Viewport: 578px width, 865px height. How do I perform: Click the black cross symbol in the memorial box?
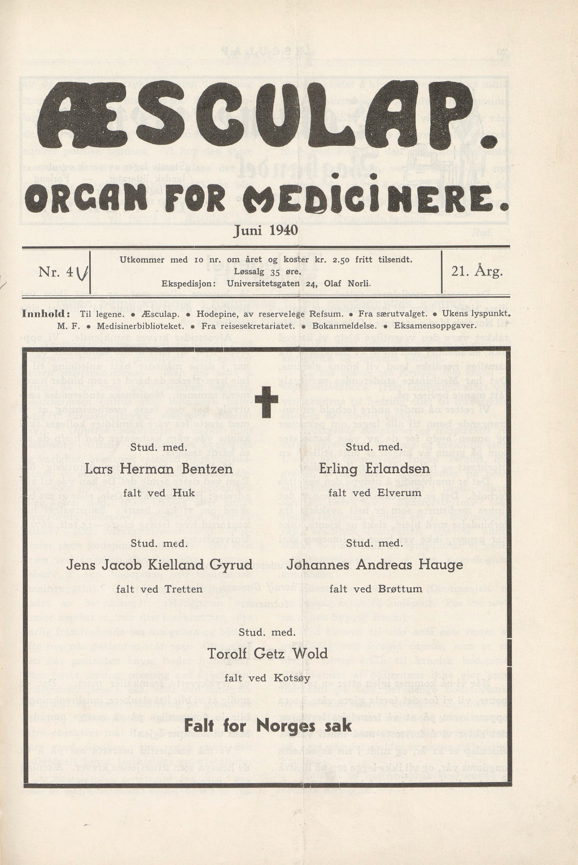pos(266,402)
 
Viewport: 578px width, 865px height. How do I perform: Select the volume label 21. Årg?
pos(477,272)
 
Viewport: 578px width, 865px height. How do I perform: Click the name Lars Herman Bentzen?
pos(159,469)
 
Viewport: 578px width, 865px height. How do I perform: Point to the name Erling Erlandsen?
pos(374,469)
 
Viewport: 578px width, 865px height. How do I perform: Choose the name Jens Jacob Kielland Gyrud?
pos(159,565)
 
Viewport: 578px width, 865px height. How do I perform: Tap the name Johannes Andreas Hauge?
pos(375,565)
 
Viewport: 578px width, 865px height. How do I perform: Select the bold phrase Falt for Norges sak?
pos(268,726)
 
